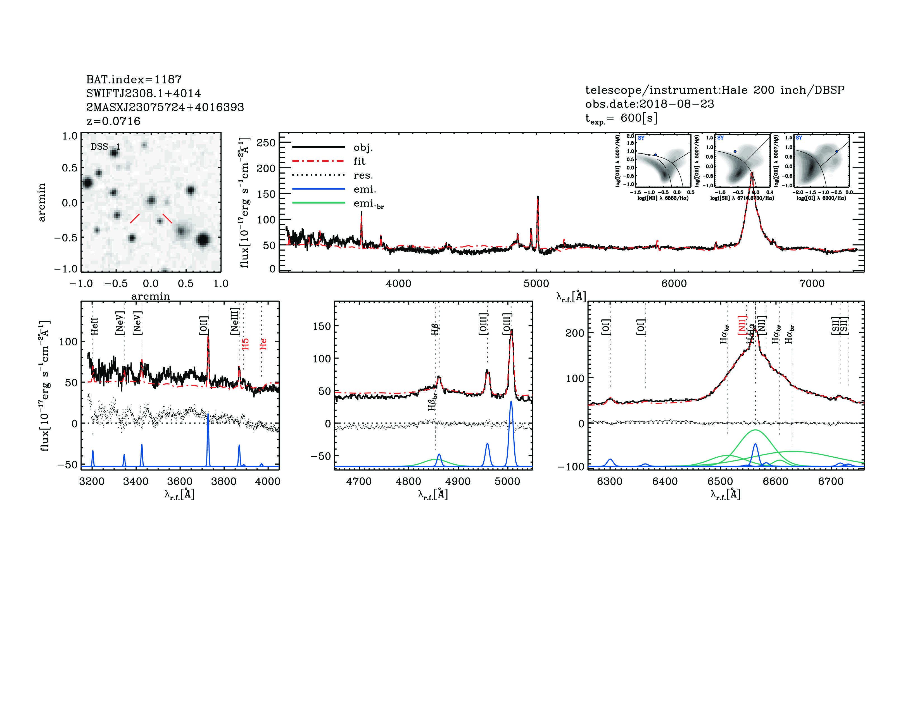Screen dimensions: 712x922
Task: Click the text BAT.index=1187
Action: tap(134, 79)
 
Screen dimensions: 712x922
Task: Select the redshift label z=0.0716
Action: tap(113, 121)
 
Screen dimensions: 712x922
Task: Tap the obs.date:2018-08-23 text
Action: tap(649, 104)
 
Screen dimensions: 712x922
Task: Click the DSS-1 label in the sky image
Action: tap(105, 147)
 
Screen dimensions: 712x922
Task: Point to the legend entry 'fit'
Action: tap(359, 161)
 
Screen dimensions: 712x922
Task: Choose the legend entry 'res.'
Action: tap(363, 175)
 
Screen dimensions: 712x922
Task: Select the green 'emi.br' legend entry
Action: tap(368, 204)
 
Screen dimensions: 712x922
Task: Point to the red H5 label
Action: tap(245, 344)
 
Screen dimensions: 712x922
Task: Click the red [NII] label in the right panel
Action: tap(742, 325)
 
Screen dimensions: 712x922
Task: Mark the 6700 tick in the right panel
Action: tap(831, 482)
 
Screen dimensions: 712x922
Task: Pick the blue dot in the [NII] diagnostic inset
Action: tap(656, 155)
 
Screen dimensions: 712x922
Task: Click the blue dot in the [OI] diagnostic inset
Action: tap(836, 151)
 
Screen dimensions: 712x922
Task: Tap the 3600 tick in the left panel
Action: tap(180, 482)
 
